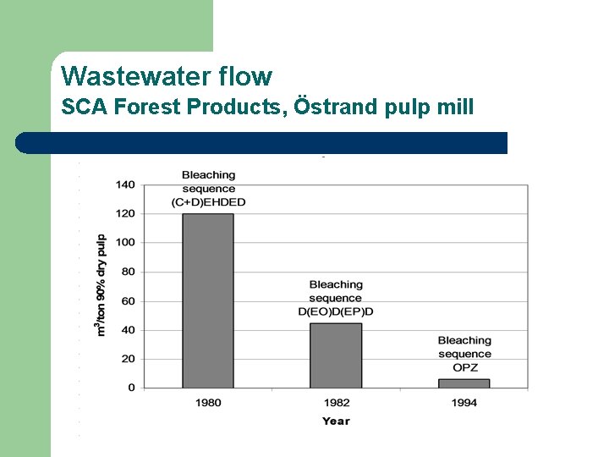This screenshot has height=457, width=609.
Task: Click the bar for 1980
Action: coord(208,300)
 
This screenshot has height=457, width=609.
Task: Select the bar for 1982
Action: coord(336,355)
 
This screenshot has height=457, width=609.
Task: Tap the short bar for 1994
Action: coord(464,383)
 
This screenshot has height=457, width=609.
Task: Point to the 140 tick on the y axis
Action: coord(125,184)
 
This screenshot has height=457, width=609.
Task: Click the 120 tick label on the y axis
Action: coord(125,213)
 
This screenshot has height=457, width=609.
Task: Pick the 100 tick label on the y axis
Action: coord(125,242)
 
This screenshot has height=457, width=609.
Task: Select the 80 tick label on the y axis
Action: coord(128,272)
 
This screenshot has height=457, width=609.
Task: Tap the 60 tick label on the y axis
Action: coord(128,300)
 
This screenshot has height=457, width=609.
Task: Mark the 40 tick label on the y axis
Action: coord(128,330)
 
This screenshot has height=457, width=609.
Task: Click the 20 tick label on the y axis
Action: coord(128,359)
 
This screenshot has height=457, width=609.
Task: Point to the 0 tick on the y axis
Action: coord(131,388)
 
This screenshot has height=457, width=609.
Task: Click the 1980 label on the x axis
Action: coord(208,403)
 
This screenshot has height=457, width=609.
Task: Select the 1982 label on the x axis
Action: coord(336,403)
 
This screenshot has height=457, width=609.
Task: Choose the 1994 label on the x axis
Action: coord(464,403)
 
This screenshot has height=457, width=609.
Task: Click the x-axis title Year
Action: coord(336,421)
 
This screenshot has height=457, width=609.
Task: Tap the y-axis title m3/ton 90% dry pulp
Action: coord(101,285)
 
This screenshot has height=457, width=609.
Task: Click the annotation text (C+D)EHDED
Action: coord(208,202)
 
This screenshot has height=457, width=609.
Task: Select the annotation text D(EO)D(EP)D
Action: coord(336,311)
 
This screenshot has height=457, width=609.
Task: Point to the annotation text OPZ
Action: coord(464,367)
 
